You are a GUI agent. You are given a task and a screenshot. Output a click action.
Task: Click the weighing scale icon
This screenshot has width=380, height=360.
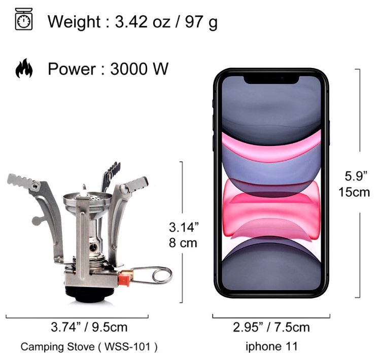24,19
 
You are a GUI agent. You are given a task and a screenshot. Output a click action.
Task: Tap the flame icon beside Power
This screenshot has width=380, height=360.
24,68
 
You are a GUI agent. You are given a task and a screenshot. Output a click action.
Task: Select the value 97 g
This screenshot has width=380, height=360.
201,22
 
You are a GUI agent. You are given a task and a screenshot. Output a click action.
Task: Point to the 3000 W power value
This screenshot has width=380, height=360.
140,69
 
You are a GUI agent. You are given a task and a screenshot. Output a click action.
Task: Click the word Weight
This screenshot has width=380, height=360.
74,22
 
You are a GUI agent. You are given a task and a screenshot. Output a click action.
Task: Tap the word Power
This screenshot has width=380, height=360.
72,69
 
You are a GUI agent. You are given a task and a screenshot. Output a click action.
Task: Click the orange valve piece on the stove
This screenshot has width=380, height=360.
125,278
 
